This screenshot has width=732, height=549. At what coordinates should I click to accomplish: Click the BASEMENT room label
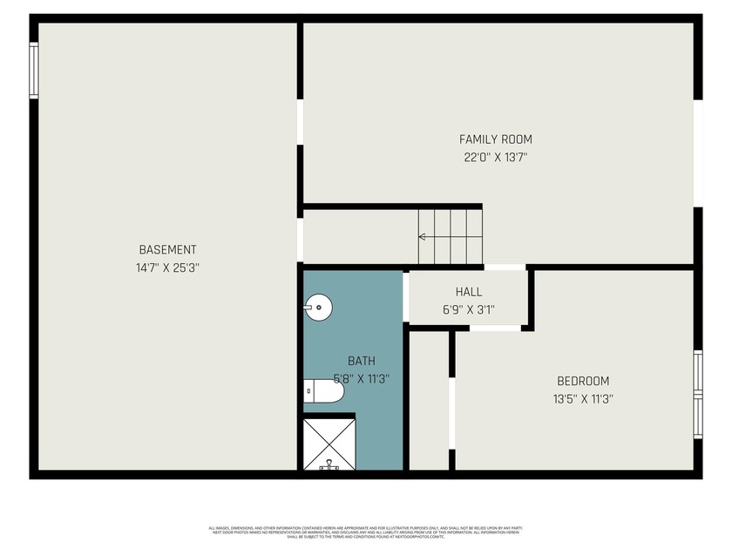[x=167, y=249]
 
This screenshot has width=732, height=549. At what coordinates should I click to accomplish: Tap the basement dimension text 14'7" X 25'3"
[x=167, y=268]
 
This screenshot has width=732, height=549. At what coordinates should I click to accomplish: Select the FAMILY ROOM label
[x=495, y=139]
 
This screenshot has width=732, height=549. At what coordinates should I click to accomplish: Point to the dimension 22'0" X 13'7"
[x=495, y=158]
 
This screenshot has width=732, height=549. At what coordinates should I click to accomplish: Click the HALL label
[x=468, y=292]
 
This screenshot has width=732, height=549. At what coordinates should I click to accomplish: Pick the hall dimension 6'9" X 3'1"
[x=468, y=308]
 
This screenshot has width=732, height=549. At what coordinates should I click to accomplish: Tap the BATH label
[x=362, y=361]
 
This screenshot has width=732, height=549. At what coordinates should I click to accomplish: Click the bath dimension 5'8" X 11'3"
[x=362, y=379]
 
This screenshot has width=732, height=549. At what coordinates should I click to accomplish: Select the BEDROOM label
[x=583, y=381]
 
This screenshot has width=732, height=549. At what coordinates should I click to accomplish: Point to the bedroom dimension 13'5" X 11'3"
[x=583, y=399]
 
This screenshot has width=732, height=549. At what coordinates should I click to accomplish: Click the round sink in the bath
[x=318, y=306]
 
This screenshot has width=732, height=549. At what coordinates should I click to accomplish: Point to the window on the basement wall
[x=34, y=70]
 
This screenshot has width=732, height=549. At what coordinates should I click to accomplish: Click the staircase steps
[x=450, y=236]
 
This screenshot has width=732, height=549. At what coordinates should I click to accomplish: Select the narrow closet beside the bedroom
[x=429, y=400]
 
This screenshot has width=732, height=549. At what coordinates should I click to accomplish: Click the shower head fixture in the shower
[x=329, y=465]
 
